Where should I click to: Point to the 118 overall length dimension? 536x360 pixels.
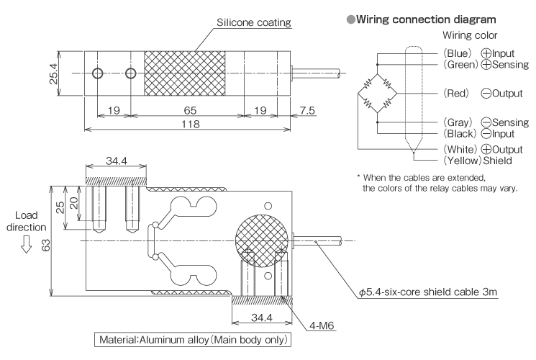(190, 123)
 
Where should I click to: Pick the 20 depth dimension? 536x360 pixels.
(72, 199)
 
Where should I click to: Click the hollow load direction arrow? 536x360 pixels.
(27, 246)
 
